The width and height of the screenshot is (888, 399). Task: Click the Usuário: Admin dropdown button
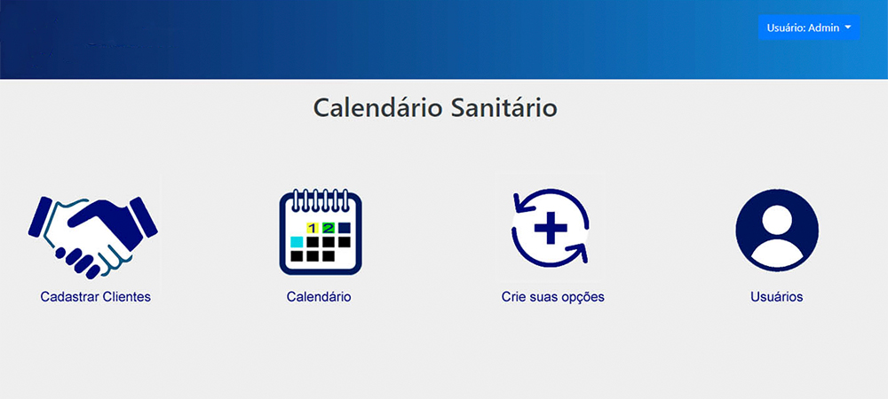809,27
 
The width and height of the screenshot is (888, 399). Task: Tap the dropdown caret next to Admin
848,27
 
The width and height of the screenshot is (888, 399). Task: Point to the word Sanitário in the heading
504,107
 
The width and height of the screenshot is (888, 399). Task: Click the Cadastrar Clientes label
96,297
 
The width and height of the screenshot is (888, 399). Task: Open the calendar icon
321,231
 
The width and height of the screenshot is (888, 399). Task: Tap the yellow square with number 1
313,228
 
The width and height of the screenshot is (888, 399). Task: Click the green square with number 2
329,228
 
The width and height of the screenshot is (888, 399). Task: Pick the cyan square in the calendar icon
297,242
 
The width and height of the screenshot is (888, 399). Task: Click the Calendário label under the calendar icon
319,297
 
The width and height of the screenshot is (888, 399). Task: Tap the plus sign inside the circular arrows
551,228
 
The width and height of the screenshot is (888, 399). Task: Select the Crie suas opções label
552,297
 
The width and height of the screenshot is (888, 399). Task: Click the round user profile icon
777,231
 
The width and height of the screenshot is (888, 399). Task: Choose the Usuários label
777,297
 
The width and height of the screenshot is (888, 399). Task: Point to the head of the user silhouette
777,221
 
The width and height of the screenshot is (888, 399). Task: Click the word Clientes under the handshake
126,297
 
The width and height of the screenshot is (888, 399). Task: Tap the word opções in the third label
584,297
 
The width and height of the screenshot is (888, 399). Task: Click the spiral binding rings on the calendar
321,199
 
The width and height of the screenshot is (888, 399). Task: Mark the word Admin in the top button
824,27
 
